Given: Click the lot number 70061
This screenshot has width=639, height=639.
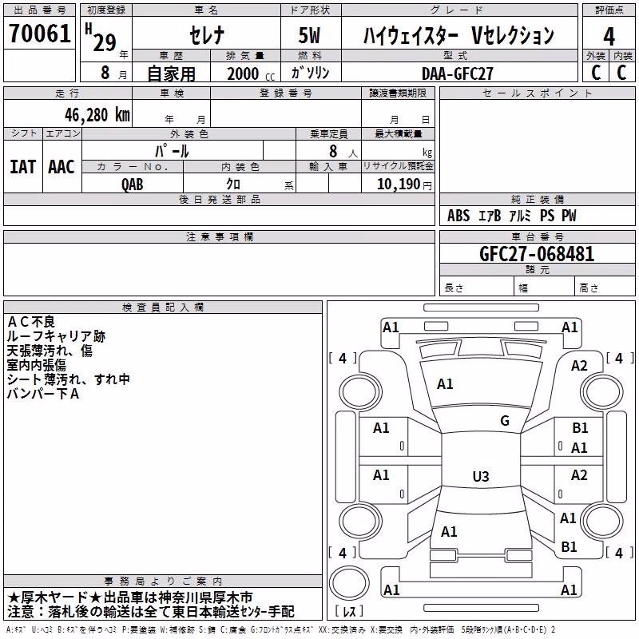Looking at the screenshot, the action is (40, 34).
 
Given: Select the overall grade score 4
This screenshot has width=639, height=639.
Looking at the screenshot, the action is (609, 37).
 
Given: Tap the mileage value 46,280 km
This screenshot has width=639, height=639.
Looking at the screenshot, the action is (97, 115).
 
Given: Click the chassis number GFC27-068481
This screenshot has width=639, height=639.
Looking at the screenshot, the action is (537, 253).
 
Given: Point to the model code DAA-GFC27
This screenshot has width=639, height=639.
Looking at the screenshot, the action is (457, 73).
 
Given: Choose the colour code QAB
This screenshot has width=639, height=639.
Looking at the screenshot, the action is (133, 185).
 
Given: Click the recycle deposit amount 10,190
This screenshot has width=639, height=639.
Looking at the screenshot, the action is (398, 185).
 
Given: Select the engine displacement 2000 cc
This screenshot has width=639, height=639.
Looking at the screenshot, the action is (251, 73).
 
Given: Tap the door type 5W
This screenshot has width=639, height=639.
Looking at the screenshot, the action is (309, 35).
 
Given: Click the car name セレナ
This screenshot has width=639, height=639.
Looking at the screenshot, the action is (207, 35).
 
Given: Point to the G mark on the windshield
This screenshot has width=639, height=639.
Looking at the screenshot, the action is (505, 420).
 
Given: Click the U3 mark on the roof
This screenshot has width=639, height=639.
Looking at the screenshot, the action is (481, 476).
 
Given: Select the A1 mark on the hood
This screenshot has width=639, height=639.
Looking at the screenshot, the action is (445, 384).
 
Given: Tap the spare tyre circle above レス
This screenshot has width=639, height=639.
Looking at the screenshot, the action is (349, 583).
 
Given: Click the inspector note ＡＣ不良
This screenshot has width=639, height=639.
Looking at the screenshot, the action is (31, 322).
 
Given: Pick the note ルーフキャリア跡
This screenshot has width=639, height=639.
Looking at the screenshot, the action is (56, 336).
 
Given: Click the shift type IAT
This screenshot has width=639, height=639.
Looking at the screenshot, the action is (22, 167).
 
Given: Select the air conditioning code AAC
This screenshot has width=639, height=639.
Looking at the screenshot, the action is (62, 167).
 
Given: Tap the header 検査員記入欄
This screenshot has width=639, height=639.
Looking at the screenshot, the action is (163, 308).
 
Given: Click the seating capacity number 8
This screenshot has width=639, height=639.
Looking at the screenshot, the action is (333, 151).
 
